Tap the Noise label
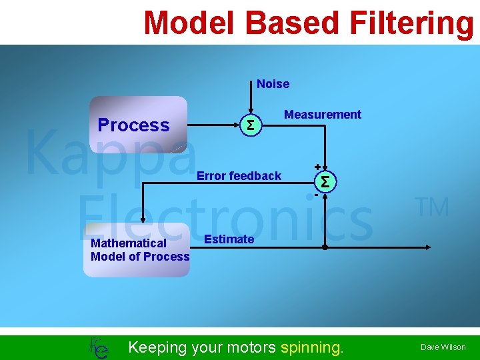click(x=273, y=84)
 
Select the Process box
click(x=139, y=125)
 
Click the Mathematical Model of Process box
click(x=137, y=250)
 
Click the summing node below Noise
click(x=250, y=125)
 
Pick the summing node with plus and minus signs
click(x=325, y=181)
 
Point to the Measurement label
click(x=323, y=115)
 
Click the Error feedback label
click(x=239, y=176)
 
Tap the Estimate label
click(x=229, y=239)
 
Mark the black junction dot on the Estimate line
click(x=325, y=247)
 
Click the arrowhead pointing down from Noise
click(x=250, y=111)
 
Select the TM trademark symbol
click(x=433, y=208)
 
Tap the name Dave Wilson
click(x=443, y=347)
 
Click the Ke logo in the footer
click(x=98, y=347)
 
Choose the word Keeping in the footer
click(x=158, y=347)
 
